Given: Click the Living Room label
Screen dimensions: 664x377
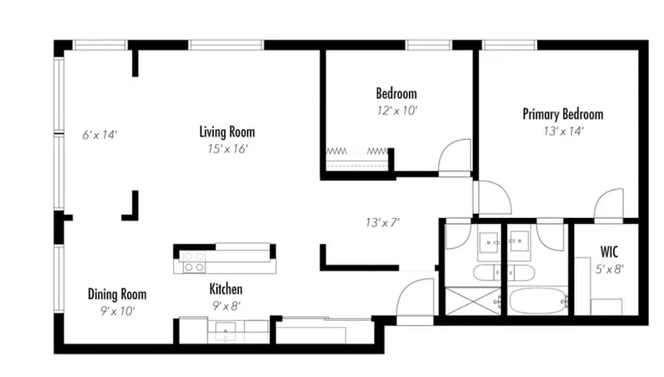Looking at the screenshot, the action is point(227,132).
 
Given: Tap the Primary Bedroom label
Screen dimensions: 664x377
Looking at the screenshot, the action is point(563,114).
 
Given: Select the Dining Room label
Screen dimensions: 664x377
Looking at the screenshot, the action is point(117,294).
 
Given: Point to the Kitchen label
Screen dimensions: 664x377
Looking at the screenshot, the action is point(226,289).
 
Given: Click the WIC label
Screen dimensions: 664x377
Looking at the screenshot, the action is point(609,252).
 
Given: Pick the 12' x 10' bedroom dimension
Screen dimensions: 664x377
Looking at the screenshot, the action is point(397,111).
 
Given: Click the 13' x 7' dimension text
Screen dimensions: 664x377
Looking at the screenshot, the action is point(383,223).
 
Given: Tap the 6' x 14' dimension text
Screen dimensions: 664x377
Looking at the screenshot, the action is point(100,135).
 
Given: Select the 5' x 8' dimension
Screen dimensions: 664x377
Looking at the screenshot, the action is point(610,269).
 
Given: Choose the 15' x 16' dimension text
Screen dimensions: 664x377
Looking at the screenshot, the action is point(228,149).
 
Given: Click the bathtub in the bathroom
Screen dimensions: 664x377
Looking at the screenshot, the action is point(538,301).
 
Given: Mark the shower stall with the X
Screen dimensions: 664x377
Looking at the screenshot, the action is point(473,301).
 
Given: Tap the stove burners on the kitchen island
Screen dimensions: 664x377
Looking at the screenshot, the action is point(194,262).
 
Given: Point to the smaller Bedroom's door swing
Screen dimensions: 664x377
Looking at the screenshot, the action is point(454,156).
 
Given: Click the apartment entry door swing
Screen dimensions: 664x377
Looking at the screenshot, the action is point(415,297).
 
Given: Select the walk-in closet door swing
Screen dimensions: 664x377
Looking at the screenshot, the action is point(609,204).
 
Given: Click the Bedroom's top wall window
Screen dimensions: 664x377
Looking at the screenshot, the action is point(429,44).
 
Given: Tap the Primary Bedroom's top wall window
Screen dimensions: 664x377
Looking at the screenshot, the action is point(509,44).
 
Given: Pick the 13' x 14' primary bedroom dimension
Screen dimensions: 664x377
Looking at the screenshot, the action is point(564,132).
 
